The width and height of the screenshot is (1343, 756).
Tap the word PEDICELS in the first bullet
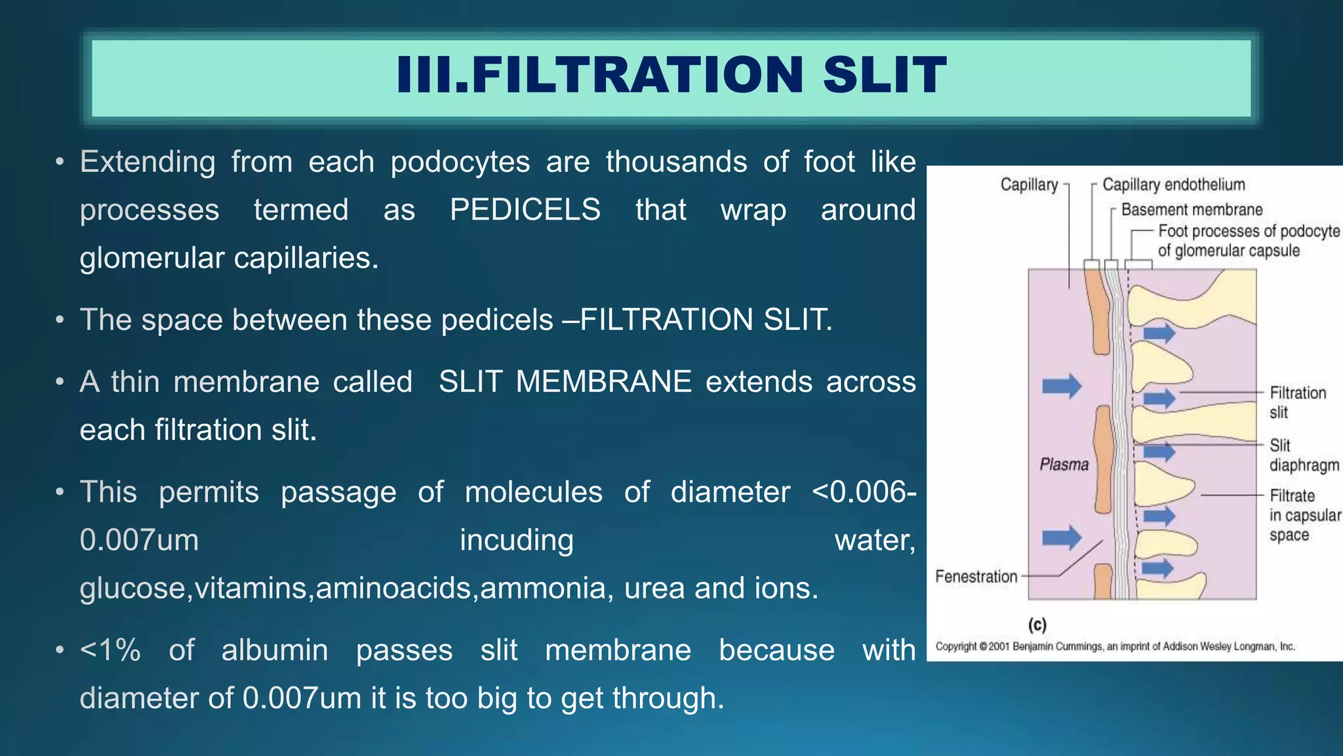(x=525, y=210)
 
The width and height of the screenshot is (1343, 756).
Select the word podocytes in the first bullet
(x=460, y=162)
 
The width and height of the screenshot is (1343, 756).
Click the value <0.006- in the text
(x=863, y=492)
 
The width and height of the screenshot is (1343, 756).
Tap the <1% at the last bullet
(x=110, y=650)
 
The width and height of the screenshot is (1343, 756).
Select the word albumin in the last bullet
(x=274, y=650)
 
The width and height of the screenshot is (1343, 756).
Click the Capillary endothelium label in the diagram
(x=1173, y=185)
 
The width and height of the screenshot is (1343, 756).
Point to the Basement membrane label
(x=1192, y=210)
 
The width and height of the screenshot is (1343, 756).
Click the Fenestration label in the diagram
(x=976, y=577)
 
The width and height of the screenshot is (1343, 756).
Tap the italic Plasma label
(x=1064, y=465)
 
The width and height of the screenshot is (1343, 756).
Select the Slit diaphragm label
(x=1303, y=455)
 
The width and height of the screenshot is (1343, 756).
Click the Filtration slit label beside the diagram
(x=1297, y=402)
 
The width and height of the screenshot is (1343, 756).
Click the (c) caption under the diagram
(x=1037, y=624)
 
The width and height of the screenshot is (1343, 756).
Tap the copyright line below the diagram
(x=1115, y=646)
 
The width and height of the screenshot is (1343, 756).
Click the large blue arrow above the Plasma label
(x=1061, y=386)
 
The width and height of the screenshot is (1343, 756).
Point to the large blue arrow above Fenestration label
(x=1061, y=537)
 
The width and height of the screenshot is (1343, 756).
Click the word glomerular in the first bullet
(x=152, y=258)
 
